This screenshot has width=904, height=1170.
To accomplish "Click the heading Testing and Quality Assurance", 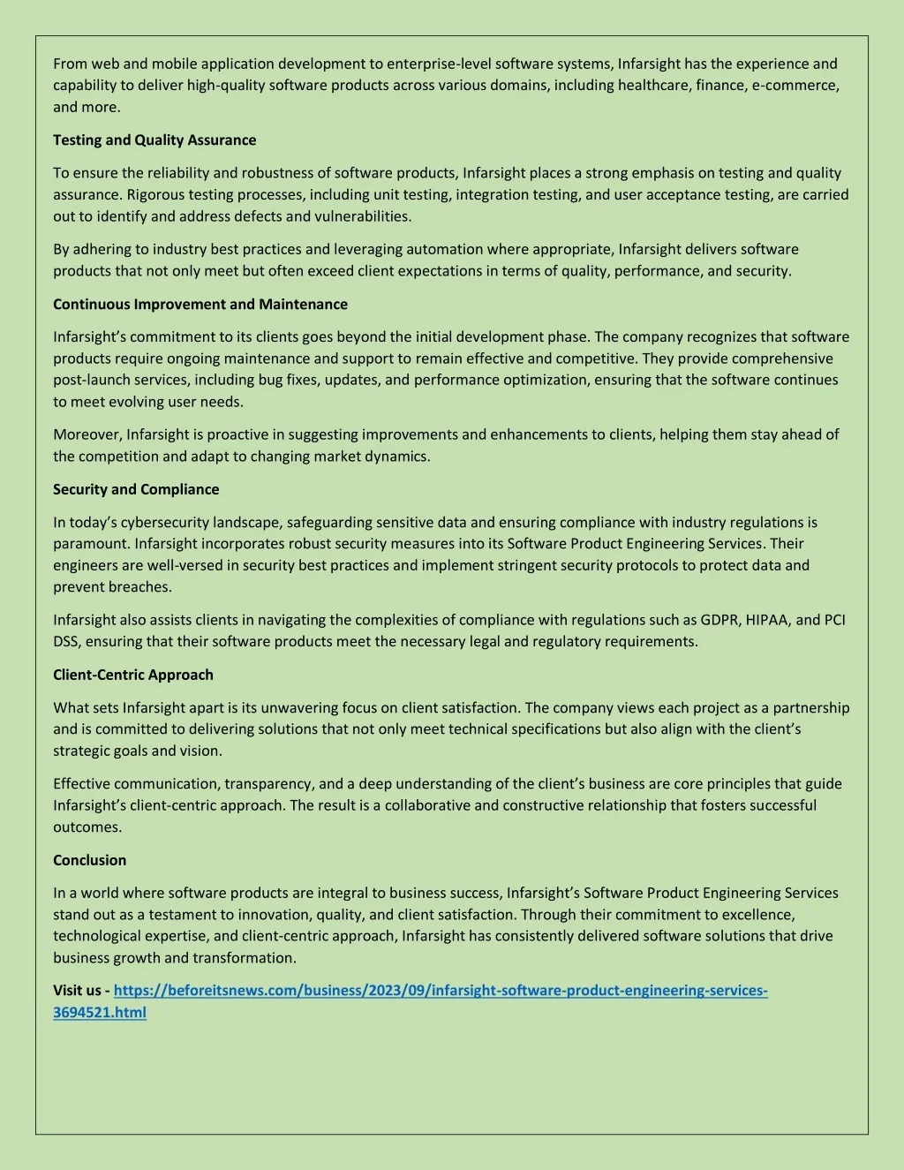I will pyautogui.click(x=154, y=140).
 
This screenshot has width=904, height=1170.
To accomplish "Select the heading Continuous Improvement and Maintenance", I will pyautogui.click(x=200, y=305).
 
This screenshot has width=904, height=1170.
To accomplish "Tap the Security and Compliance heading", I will pyautogui.click(x=136, y=489).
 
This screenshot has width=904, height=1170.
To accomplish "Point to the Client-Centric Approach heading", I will pyautogui.click(x=133, y=675).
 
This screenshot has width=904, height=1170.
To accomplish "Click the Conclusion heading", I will pyautogui.click(x=89, y=860).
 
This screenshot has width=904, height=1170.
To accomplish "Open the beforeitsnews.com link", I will pyautogui.click(x=441, y=991).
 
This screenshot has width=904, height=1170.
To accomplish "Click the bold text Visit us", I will pyautogui.click(x=77, y=991).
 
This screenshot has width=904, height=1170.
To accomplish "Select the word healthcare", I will pyautogui.click(x=653, y=86).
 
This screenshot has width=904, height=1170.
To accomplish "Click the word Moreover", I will pyautogui.click(x=87, y=434).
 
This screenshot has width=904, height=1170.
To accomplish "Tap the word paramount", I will pyautogui.click(x=90, y=544).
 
